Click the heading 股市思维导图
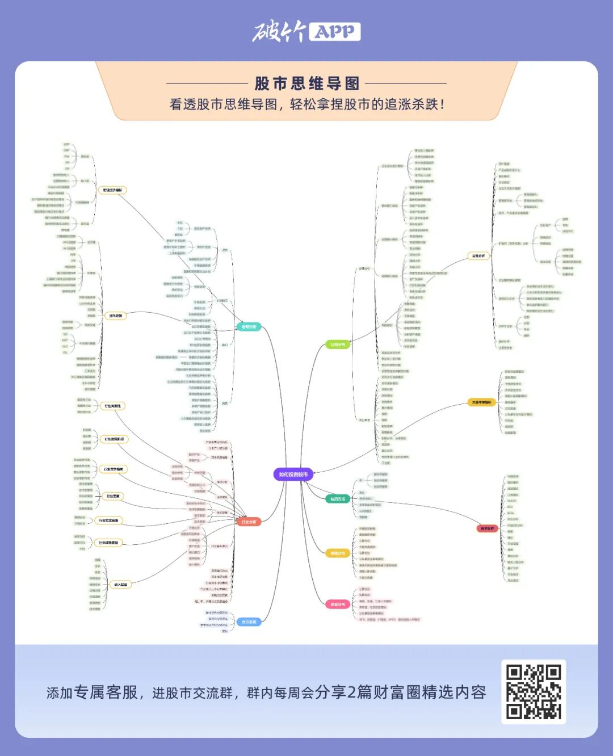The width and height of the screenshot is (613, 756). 306,83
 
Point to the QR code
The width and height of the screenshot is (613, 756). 534,692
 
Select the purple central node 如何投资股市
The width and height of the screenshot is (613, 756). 293,474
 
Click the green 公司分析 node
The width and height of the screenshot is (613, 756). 338,345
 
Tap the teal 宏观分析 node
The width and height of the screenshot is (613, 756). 249,327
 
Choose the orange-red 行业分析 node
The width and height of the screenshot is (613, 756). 249,522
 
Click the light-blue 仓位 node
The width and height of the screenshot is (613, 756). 249,622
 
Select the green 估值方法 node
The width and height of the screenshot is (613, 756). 338,499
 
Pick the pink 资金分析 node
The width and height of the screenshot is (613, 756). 338,604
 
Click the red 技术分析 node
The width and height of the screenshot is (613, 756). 487,528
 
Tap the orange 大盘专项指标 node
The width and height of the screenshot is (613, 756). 481,402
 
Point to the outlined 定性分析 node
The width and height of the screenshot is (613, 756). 478,256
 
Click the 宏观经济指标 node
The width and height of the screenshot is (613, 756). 112,190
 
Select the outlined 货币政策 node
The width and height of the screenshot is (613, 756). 115,316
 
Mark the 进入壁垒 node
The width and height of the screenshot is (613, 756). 120,584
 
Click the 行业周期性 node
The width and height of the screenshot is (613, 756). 112,406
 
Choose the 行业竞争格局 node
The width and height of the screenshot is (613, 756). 113,469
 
